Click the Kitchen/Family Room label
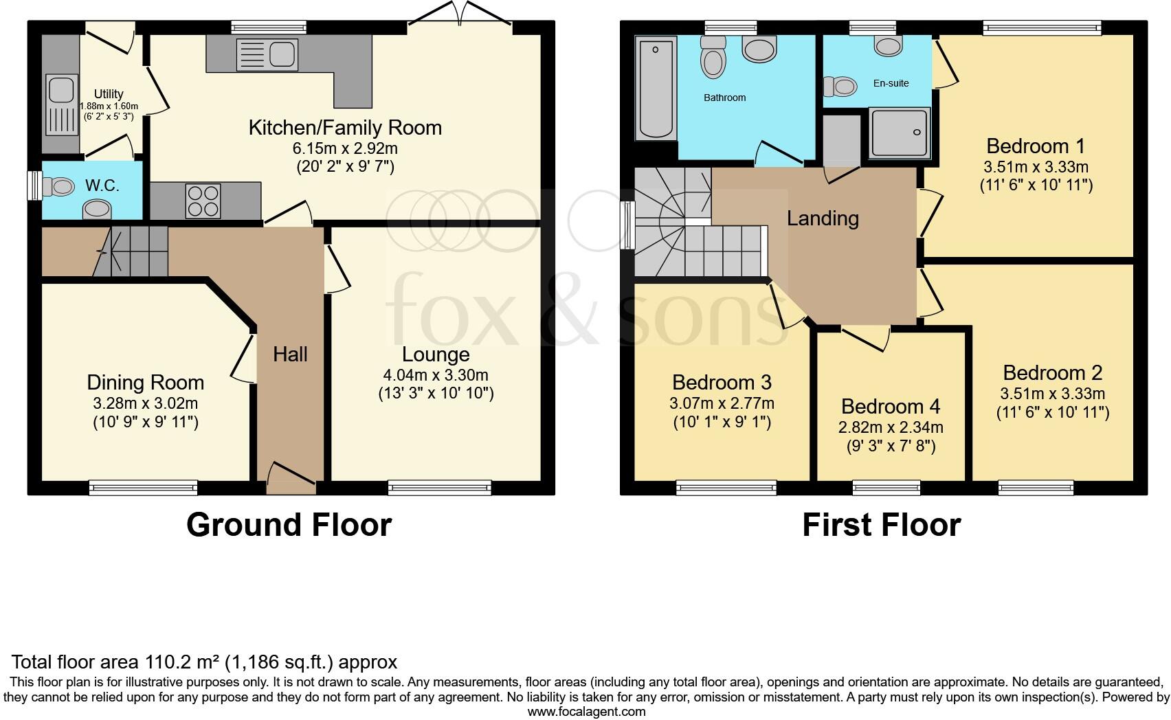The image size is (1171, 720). coord(344,128)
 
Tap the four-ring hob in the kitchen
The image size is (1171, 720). coord(203,201)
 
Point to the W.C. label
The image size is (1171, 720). coord(102,185)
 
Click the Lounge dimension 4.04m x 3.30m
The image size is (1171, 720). coord(436,375)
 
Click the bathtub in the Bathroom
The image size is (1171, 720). coord(655,89)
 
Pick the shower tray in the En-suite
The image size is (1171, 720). coord(898,133)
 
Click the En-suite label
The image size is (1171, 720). coord(891,83)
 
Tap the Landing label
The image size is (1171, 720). coord(823,218)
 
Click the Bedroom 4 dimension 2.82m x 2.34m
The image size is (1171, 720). coord(891,427)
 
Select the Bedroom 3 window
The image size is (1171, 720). coord(726,488)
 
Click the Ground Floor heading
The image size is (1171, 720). coord(289,525)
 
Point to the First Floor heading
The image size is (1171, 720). coord(881,525)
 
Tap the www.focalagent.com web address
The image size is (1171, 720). coord(586,712)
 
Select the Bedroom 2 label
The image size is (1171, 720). coord(1052,373)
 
